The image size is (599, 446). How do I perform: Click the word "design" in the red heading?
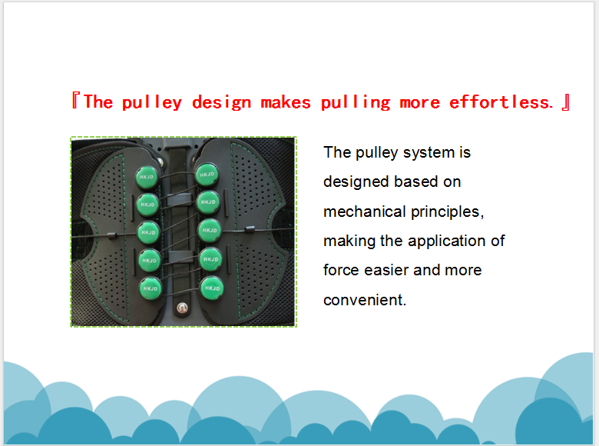[222, 103]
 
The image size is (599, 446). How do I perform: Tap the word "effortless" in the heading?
[499, 102]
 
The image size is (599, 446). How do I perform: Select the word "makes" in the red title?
[286, 102]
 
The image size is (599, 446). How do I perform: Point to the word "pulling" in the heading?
[356, 102]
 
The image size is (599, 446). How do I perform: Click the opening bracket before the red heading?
[75, 101]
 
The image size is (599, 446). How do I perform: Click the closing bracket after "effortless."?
[566, 102]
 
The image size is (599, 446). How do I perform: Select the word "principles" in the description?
[445, 212]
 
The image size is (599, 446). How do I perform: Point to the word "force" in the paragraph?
[342, 270]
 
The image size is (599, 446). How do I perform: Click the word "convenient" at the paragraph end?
[363, 300]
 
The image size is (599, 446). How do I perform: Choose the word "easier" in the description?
[386, 270]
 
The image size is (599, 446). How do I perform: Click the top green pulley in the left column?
[147, 177]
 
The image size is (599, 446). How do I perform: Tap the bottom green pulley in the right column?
[212, 288]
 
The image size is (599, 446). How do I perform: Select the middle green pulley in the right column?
[210, 231]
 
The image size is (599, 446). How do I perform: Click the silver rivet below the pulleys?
[182, 307]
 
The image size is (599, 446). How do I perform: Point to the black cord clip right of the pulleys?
[249, 229]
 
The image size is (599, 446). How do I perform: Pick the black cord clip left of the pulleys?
[111, 235]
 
